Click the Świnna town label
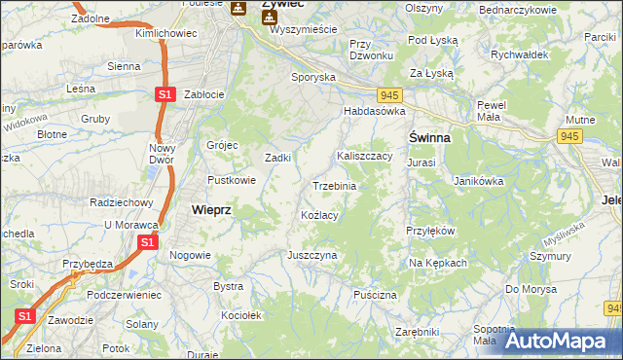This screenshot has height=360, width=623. [x=428, y=138]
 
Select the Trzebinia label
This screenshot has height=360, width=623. [x=334, y=185]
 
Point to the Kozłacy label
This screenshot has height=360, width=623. [x=319, y=215]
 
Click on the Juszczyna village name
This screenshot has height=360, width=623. [x=311, y=255]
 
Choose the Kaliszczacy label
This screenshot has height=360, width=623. [x=364, y=156]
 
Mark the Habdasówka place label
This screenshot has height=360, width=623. [x=373, y=112]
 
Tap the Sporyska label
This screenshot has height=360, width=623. [x=313, y=76]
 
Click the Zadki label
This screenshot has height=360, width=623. [x=279, y=158]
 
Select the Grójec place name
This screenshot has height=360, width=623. [x=222, y=145]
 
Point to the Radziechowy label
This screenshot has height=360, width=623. [x=122, y=202]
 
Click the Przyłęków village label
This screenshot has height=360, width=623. [x=430, y=231]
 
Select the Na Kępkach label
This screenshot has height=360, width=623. [x=438, y=263]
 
